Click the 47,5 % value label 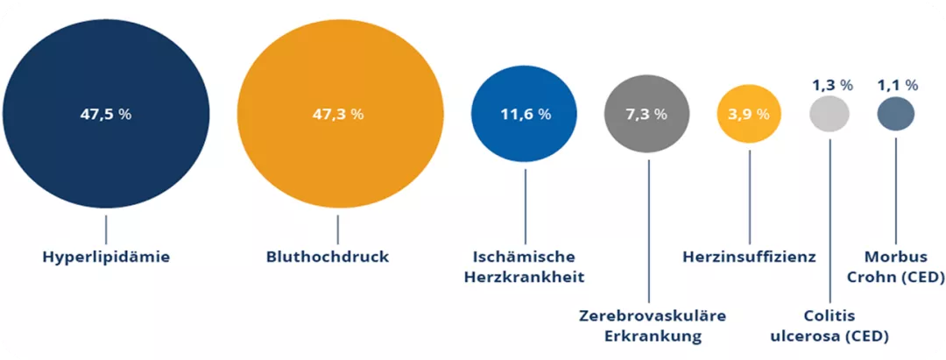(106, 115)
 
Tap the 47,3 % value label (338, 115)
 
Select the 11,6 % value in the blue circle (525, 115)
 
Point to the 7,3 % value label (648, 115)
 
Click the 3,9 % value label (749, 115)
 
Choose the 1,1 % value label (897, 85)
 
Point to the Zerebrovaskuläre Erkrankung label (647, 325)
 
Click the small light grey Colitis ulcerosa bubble (829, 115)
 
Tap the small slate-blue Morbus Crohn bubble (896, 114)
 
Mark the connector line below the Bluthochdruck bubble (338, 229)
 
